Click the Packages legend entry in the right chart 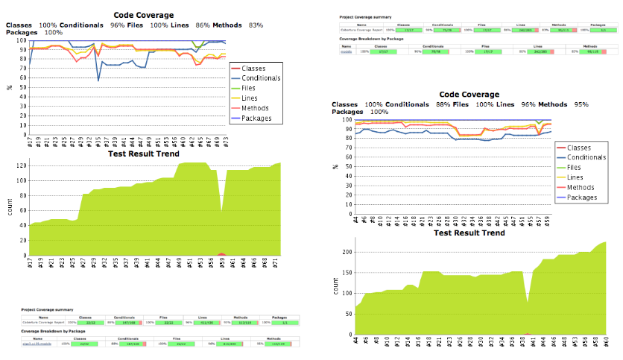click(x=582, y=198)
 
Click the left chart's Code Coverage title click(x=144, y=15)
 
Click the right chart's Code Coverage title click(x=469, y=95)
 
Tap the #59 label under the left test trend click(x=221, y=263)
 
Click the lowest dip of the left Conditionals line click(x=98, y=80)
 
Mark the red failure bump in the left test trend click(x=221, y=254)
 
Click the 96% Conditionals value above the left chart click(x=118, y=25)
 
